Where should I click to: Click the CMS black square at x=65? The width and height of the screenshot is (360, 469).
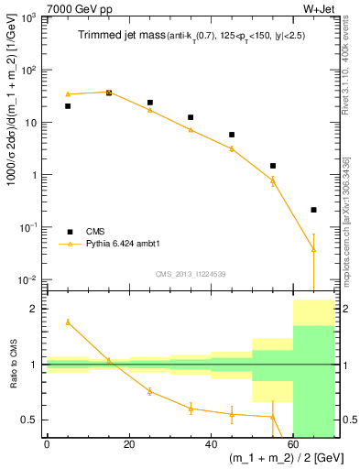(x=314, y=210)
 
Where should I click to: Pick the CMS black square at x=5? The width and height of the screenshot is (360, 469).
(x=68, y=106)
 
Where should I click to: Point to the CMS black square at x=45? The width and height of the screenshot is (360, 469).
(x=232, y=135)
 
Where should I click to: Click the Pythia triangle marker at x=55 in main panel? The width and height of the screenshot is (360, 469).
(x=273, y=180)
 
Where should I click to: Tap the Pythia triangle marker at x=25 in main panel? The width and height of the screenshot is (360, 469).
(x=150, y=110)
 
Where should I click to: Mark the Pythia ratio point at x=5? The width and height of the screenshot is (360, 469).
(x=68, y=322)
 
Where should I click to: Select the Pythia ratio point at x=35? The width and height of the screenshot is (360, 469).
(x=191, y=409)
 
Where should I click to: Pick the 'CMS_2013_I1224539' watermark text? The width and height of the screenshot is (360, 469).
(x=191, y=274)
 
